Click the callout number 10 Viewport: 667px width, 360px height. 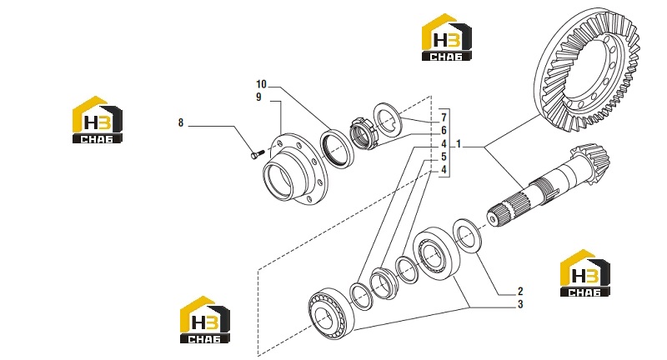(x=261, y=84)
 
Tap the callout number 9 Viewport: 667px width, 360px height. (x=258, y=97)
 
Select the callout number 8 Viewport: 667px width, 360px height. (x=181, y=122)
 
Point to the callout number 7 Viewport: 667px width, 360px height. (x=444, y=117)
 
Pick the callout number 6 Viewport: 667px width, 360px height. (x=444, y=131)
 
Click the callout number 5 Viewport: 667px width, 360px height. (x=444, y=157)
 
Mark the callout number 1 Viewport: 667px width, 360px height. (x=459, y=144)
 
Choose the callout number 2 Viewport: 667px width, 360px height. (x=520, y=292)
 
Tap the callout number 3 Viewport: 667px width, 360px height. (x=520, y=305)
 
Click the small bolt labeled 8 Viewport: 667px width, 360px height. (x=256, y=154)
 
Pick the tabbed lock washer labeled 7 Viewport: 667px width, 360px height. (x=387, y=118)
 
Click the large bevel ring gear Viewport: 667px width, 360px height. (x=587, y=69)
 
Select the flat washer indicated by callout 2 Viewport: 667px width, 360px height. (x=467, y=237)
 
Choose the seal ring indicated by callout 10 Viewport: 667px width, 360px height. (x=338, y=148)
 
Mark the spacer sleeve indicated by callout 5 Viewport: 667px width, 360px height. (x=383, y=283)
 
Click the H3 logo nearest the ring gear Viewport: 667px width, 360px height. (x=447, y=37)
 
